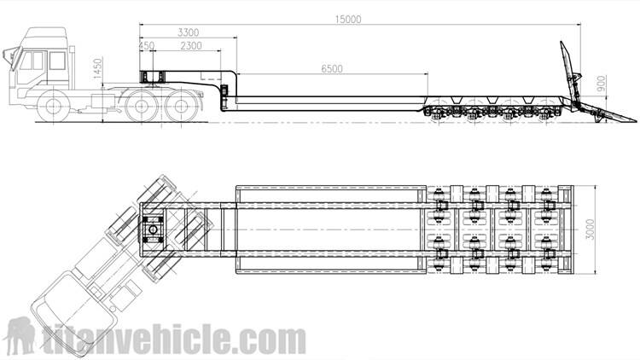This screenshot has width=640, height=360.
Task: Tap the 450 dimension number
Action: [146, 45]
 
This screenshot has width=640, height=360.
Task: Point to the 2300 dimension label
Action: [191, 45]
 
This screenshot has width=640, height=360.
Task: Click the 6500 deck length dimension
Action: [333, 67]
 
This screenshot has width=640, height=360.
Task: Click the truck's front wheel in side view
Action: [53, 109]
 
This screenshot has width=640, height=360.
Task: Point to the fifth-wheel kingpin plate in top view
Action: [154, 228]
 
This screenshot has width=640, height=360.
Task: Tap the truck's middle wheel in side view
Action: [139, 107]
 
